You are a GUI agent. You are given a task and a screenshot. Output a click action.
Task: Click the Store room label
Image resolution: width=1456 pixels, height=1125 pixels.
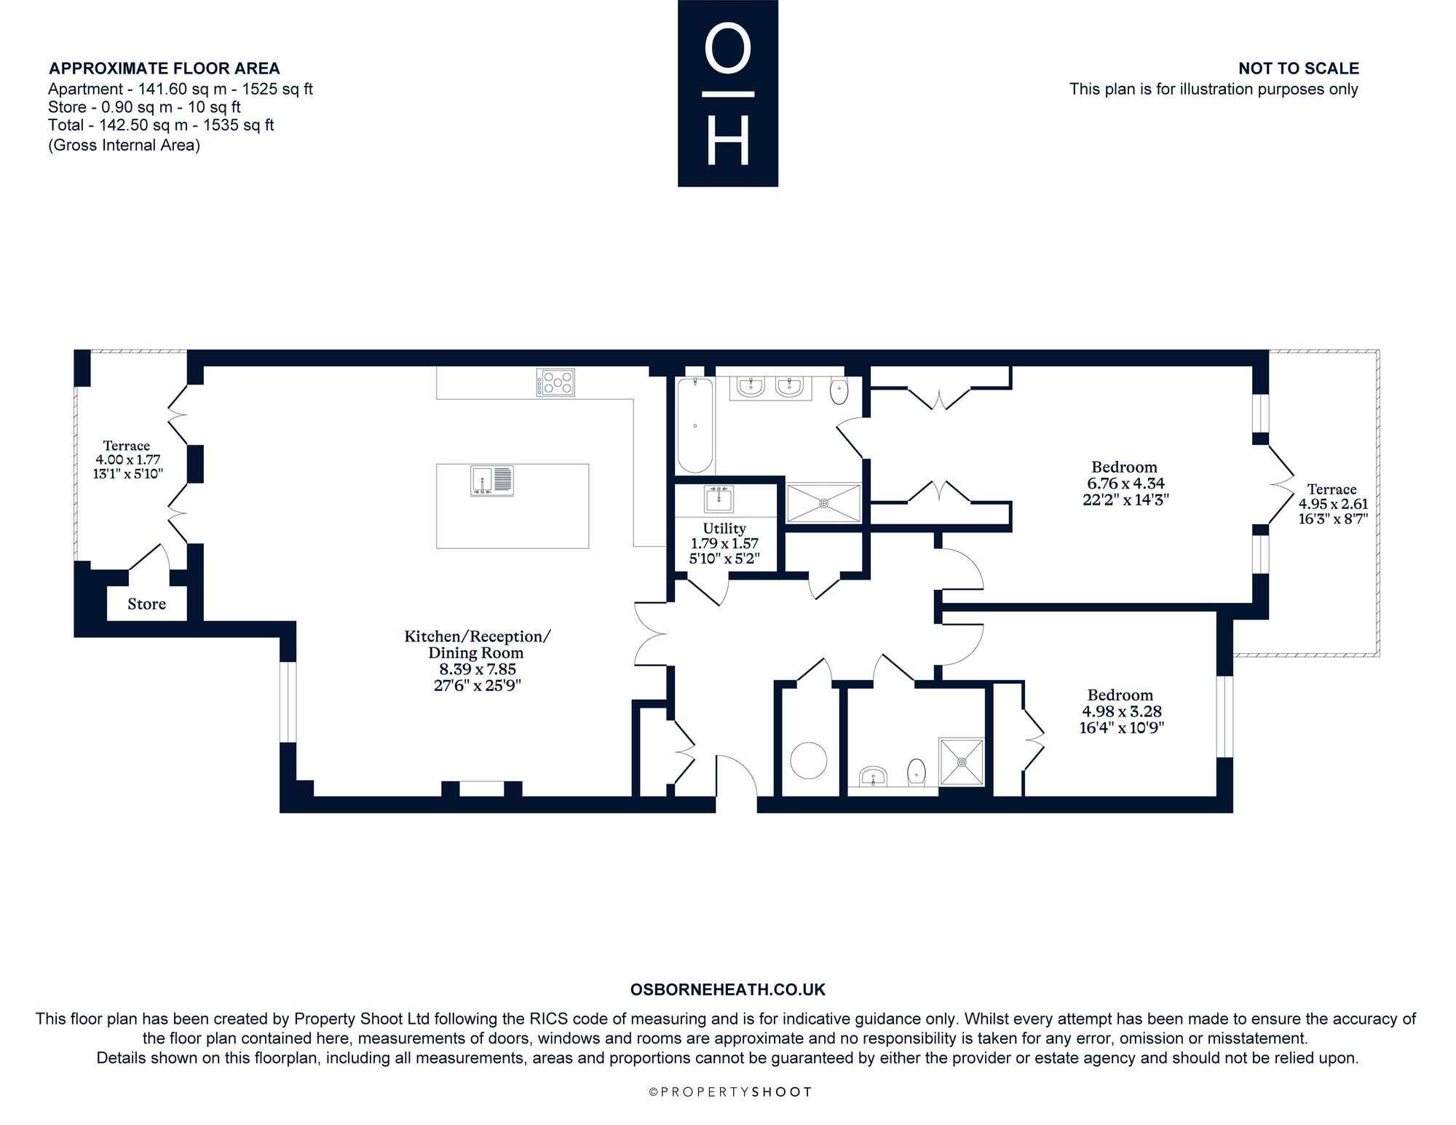146,604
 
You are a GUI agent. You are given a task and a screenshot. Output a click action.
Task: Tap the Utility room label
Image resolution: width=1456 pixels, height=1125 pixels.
724,529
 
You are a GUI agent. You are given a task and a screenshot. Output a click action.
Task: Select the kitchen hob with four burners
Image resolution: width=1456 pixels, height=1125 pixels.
555,382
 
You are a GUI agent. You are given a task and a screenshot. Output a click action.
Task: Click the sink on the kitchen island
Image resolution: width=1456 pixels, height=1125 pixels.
492,481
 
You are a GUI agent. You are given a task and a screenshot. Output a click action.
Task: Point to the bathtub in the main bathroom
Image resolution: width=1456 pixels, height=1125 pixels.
695,425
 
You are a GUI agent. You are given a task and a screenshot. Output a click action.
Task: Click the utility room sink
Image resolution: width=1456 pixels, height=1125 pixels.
719,500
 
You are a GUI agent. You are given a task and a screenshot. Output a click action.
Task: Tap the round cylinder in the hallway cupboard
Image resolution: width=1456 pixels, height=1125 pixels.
809,760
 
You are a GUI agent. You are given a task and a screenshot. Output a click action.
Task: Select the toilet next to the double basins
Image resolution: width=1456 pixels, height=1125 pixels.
839,391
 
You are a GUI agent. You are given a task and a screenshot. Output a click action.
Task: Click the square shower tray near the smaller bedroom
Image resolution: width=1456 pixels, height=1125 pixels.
962,762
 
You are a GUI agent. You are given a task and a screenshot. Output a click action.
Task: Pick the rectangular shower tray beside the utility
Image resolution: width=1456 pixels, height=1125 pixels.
824,502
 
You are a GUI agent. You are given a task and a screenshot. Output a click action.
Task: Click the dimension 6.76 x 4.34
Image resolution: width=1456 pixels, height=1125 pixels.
1124,483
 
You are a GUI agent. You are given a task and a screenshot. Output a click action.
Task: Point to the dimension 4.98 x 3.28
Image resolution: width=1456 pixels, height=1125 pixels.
1120,711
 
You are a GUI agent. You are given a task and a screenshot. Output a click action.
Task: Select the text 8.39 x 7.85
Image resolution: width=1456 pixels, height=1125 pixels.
477,669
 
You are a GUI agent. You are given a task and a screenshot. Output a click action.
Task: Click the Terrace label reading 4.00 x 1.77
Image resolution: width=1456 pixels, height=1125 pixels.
127,459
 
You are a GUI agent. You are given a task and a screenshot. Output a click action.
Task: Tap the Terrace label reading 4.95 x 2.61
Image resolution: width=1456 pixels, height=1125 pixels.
1332,504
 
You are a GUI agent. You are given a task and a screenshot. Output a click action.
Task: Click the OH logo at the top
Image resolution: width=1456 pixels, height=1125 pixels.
728,93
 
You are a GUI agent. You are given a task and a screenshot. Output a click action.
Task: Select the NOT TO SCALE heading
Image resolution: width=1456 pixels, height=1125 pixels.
1299,68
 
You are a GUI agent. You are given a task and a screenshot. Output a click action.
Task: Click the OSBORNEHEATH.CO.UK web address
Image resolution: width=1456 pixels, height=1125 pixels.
728,990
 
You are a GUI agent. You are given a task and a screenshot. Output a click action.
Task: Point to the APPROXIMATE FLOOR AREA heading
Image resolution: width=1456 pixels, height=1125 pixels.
165,68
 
